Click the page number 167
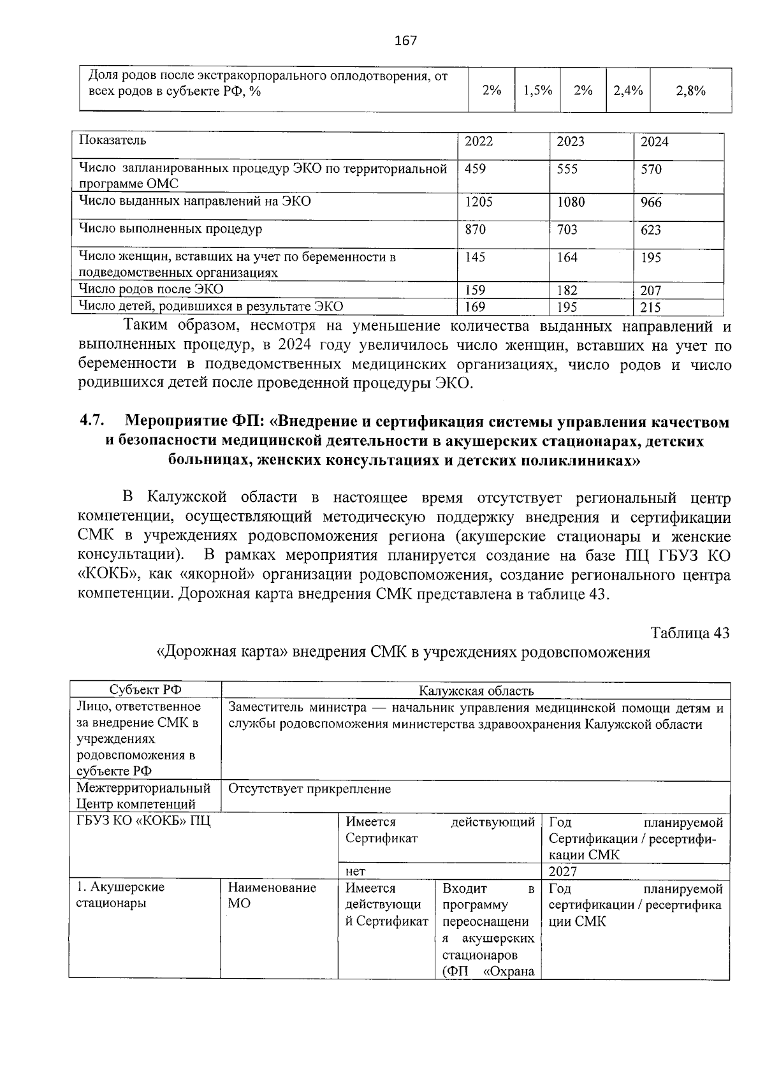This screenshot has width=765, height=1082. [x=405, y=41]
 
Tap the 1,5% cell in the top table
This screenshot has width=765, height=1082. [x=537, y=91]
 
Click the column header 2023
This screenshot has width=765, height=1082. [x=570, y=142]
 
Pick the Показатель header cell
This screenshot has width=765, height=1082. [x=112, y=140]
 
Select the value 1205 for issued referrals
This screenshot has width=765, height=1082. [x=479, y=202]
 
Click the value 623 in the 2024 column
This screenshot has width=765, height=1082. [x=651, y=230]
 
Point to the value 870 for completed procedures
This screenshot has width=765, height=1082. [x=475, y=230]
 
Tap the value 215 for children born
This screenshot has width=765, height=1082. [x=651, y=307]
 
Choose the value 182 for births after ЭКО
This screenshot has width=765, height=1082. [x=567, y=291]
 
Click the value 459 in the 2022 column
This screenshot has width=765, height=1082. [x=475, y=169]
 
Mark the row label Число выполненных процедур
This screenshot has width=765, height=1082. [x=170, y=228]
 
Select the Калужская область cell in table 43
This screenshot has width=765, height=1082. [x=476, y=691]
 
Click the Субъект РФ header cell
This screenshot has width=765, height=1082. [x=145, y=690]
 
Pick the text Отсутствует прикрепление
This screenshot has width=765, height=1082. [x=309, y=789]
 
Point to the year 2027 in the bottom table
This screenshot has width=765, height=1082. [x=562, y=872]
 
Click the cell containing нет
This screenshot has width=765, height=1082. [x=355, y=872]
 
